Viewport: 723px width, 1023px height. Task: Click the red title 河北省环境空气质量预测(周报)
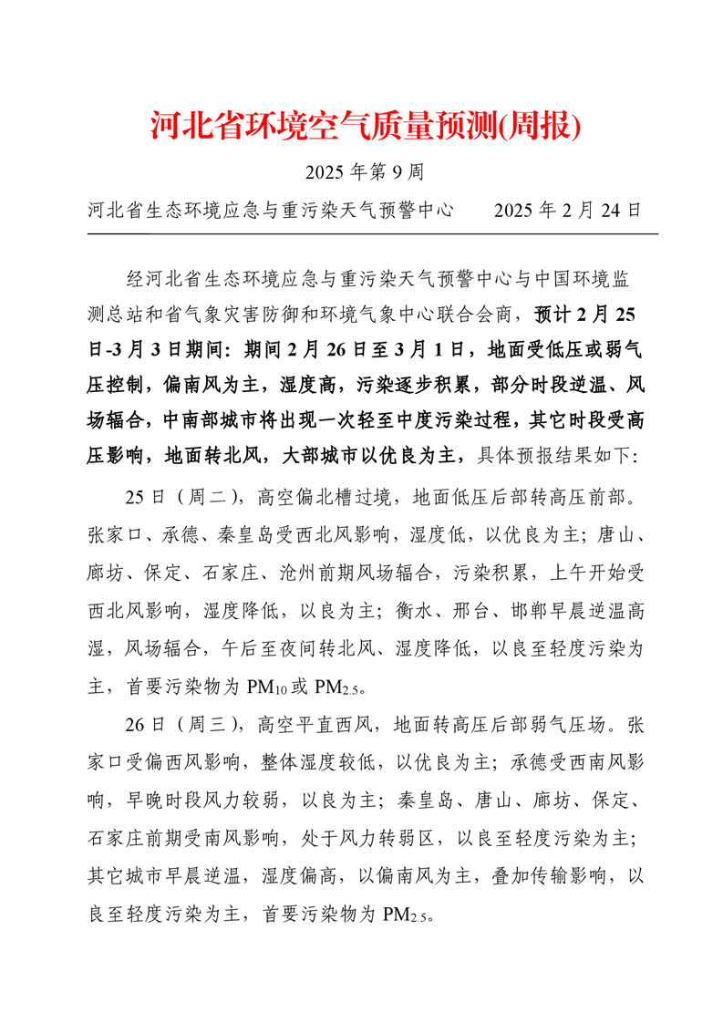(365, 126)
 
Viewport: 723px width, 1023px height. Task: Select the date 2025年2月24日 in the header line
(567, 211)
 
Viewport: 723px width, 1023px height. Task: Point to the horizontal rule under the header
(373, 234)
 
